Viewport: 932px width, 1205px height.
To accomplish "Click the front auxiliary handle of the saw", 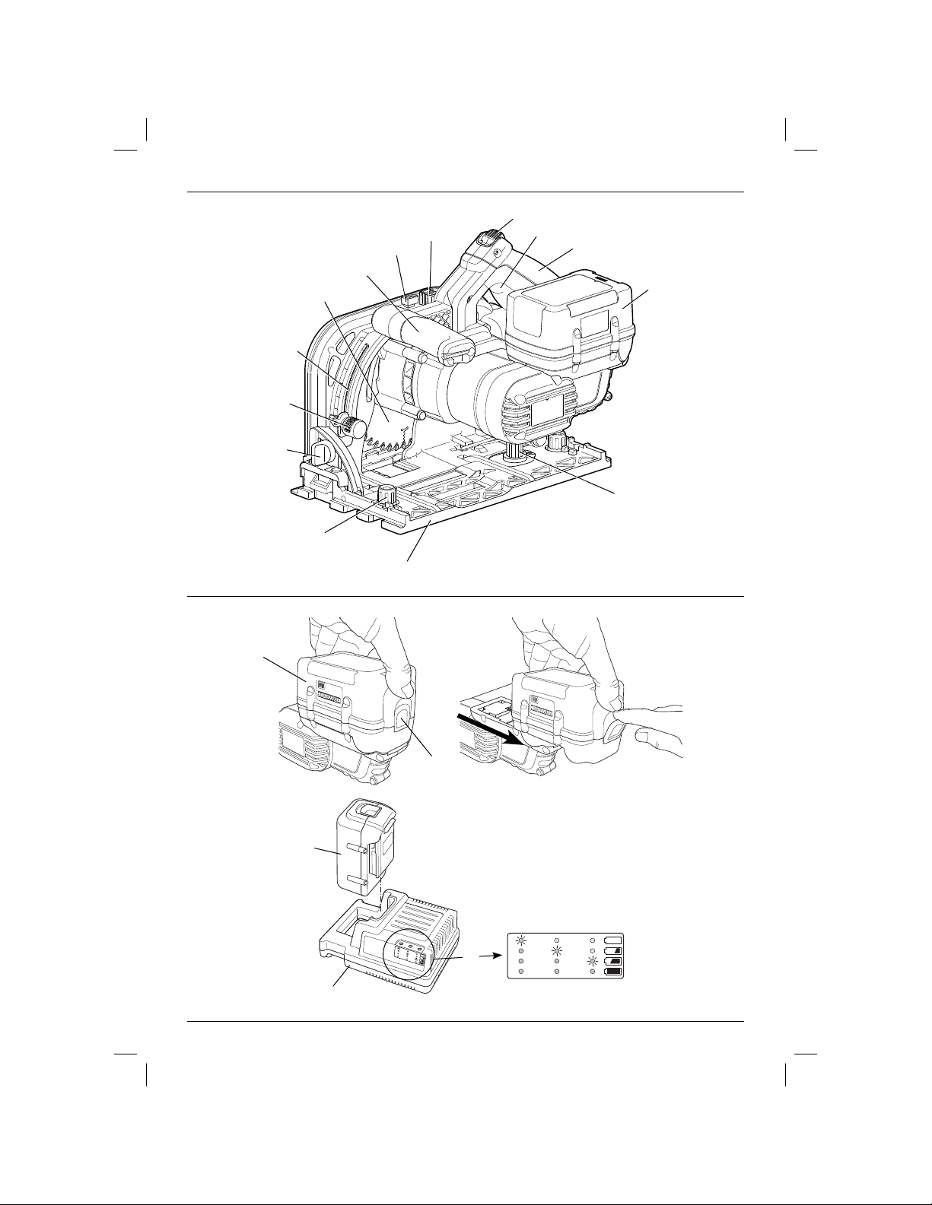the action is coord(422,334).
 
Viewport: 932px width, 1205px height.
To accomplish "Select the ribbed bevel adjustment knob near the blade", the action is coord(351,426).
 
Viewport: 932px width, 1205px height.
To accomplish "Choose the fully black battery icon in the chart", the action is coord(612,972).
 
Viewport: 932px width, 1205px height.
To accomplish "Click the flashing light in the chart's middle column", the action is coord(557,950).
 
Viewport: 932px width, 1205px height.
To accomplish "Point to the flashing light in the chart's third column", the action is coord(593,961).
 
